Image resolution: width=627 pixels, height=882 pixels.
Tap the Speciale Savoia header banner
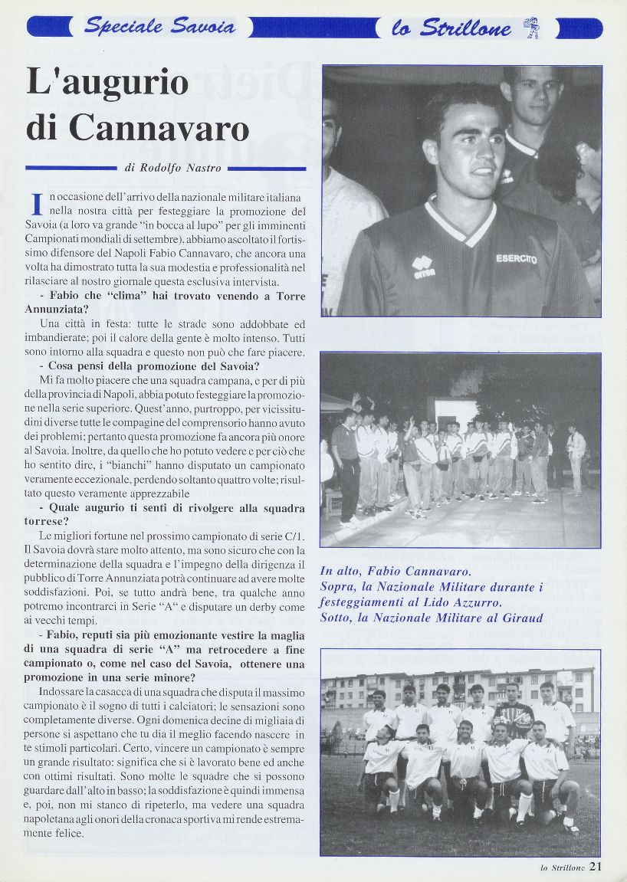tap(159, 28)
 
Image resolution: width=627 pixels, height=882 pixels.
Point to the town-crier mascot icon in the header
tap(531, 28)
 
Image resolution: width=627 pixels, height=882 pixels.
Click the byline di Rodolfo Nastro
tap(172, 168)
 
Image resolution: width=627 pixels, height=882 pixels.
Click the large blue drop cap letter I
tap(35, 205)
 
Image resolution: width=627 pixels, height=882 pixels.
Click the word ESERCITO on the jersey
tap(516, 259)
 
